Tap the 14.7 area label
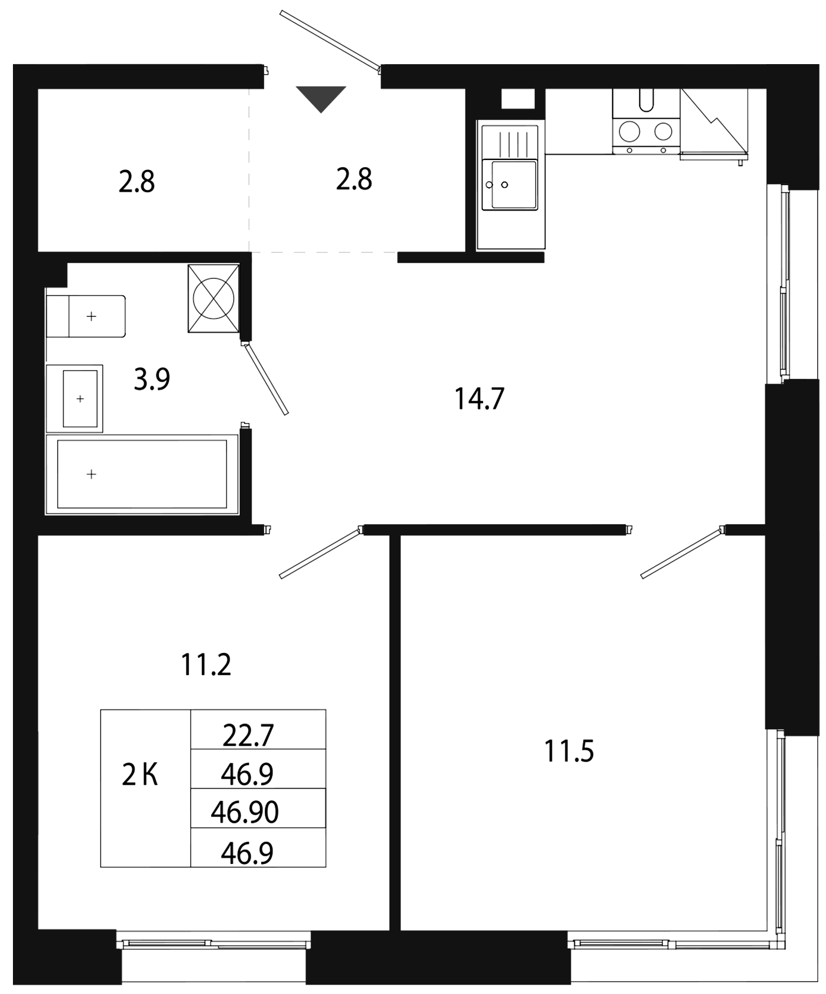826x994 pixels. pyautogui.click(x=479, y=399)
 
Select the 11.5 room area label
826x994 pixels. pyautogui.click(x=569, y=752)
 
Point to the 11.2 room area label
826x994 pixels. pyautogui.click(x=206, y=665)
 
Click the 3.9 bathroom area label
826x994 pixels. pyautogui.click(x=152, y=379)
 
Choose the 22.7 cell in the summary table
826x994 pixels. pyautogui.click(x=248, y=735)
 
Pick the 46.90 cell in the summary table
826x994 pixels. pyautogui.click(x=245, y=812)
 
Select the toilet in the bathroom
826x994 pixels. pyautogui.click(x=86, y=316)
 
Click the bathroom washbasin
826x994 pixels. pyautogui.click(x=75, y=399)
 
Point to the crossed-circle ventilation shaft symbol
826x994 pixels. pyautogui.click(x=214, y=298)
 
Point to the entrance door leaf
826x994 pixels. pyautogui.click(x=330, y=39)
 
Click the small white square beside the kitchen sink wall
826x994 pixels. pyautogui.click(x=518, y=99)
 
